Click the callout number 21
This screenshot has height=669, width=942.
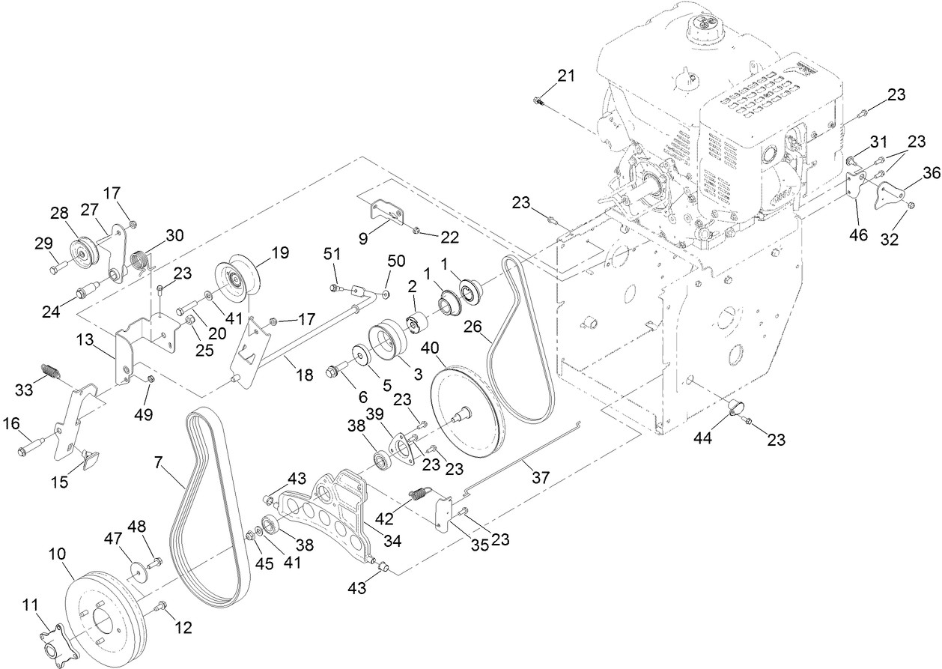pos(566,75)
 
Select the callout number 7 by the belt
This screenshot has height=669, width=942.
pos(158,463)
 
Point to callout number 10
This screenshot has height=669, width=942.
pos(58,554)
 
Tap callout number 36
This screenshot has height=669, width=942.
pos(931,172)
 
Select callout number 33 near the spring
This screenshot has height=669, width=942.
pos(25,390)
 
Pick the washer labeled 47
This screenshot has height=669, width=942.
pos(136,571)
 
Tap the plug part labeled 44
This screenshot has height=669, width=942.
pos(737,409)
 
